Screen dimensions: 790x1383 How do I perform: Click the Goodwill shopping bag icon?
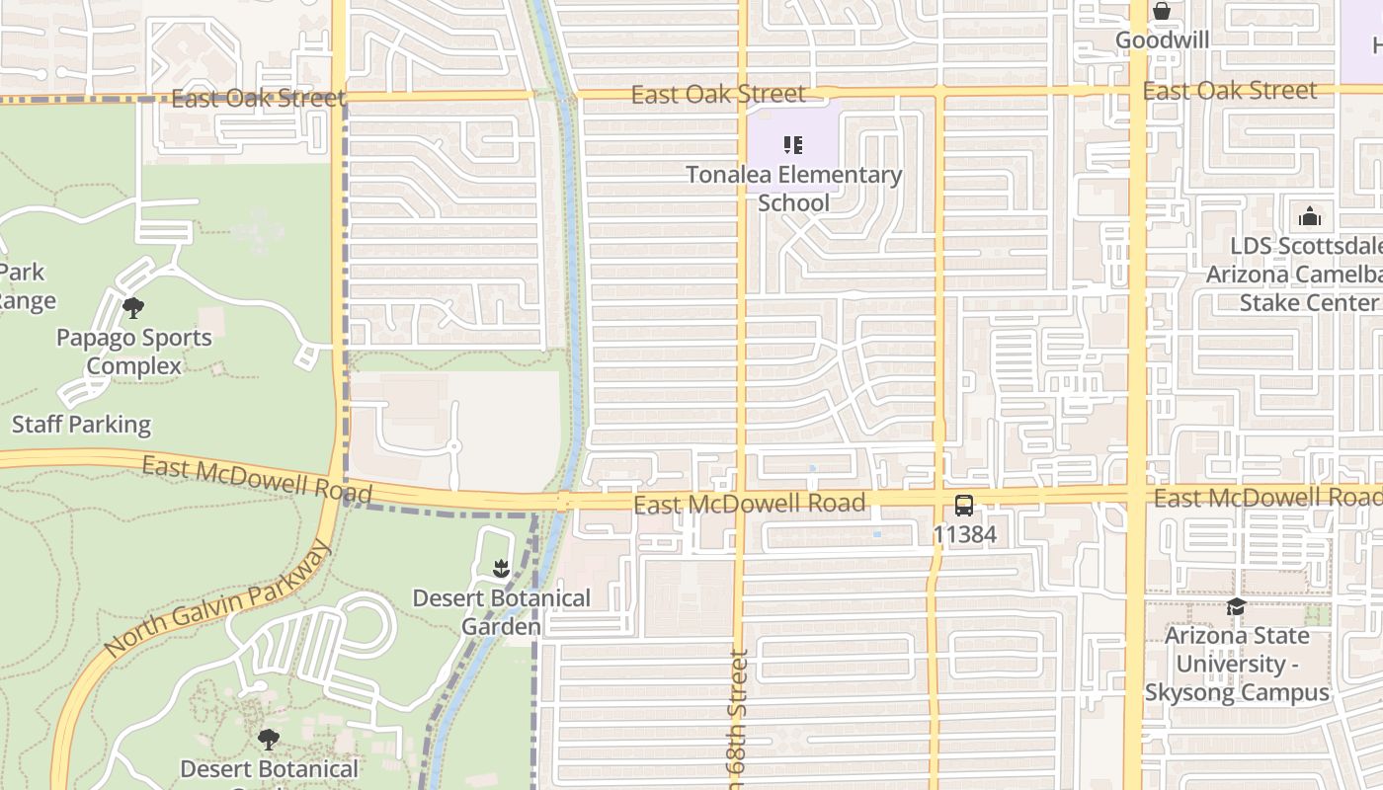click(1162, 11)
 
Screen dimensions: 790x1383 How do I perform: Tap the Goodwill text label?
click(1162, 40)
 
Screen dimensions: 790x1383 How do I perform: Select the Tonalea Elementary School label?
click(794, 189)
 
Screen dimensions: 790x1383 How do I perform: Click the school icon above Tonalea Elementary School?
click(792, 146)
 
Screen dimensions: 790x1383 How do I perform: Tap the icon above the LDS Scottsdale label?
click(1310, 216)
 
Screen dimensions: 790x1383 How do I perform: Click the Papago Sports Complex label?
click(133, 352)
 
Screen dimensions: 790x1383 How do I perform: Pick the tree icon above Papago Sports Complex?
click(133, 308)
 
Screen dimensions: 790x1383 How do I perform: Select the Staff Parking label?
click(81, 425)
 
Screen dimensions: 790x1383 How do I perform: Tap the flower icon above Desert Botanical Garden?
click(501, 568)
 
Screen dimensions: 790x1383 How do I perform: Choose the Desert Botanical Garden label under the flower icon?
click(501, 612)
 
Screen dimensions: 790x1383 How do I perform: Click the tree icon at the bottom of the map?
click(269, 739)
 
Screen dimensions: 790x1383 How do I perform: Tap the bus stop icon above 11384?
click(964, 506)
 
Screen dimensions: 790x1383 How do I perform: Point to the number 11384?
click(964, 535)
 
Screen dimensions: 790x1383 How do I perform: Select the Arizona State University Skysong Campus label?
click(1237, 664)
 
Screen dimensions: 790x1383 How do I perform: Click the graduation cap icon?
click(1236, 606)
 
